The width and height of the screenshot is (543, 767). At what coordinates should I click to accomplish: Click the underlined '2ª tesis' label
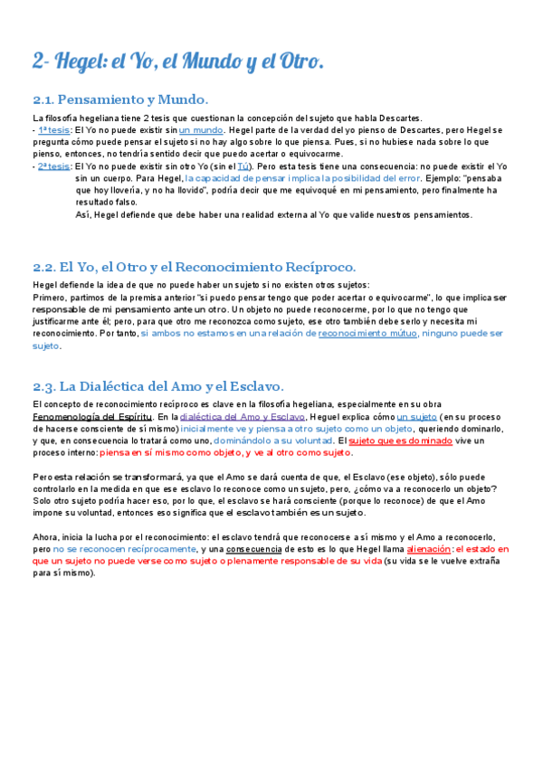coord(54,166)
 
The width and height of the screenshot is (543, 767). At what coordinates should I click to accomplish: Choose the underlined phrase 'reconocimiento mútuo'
coord(367,333)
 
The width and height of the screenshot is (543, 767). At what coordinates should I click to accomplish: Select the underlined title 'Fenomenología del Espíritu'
coord(89,416)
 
